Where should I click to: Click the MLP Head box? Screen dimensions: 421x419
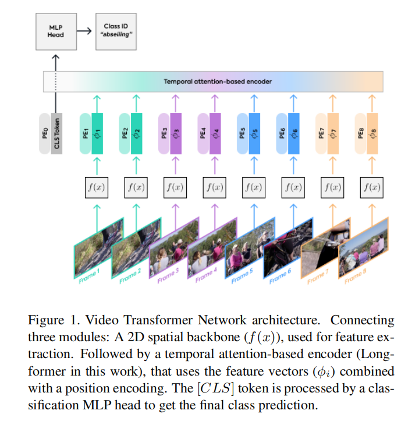56,30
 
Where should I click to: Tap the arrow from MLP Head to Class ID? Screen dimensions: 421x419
85,30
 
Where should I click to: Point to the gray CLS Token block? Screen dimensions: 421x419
56,133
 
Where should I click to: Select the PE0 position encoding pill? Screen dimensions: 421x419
44,133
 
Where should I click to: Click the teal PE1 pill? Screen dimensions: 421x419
85,133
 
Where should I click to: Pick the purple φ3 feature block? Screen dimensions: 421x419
176,133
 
